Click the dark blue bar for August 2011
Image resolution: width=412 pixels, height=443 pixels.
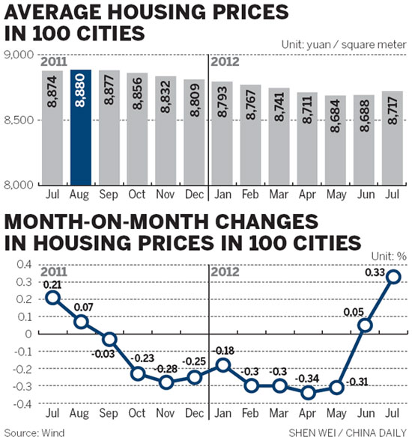point(80,127)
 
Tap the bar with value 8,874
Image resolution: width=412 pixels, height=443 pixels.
point(52,127)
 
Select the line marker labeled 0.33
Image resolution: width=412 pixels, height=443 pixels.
point(393,277)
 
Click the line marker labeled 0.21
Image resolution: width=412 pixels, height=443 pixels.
point(52,298)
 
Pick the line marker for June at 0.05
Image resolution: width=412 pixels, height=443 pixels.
point(366,326)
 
